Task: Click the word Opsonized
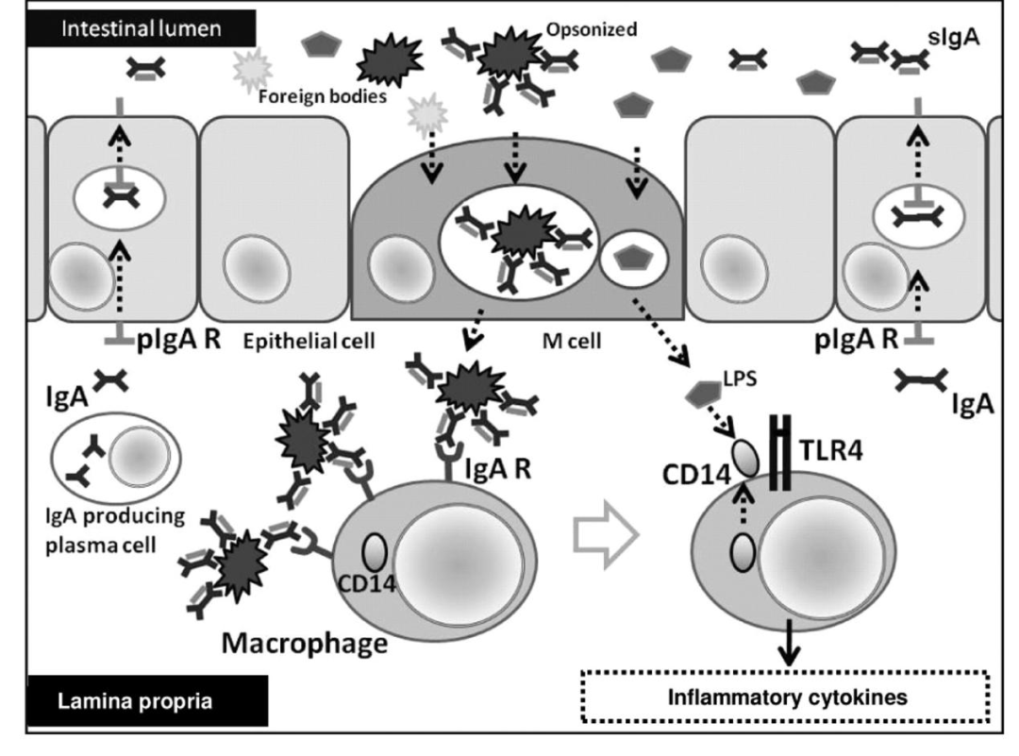pyautogui.click(x=592, y=29)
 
